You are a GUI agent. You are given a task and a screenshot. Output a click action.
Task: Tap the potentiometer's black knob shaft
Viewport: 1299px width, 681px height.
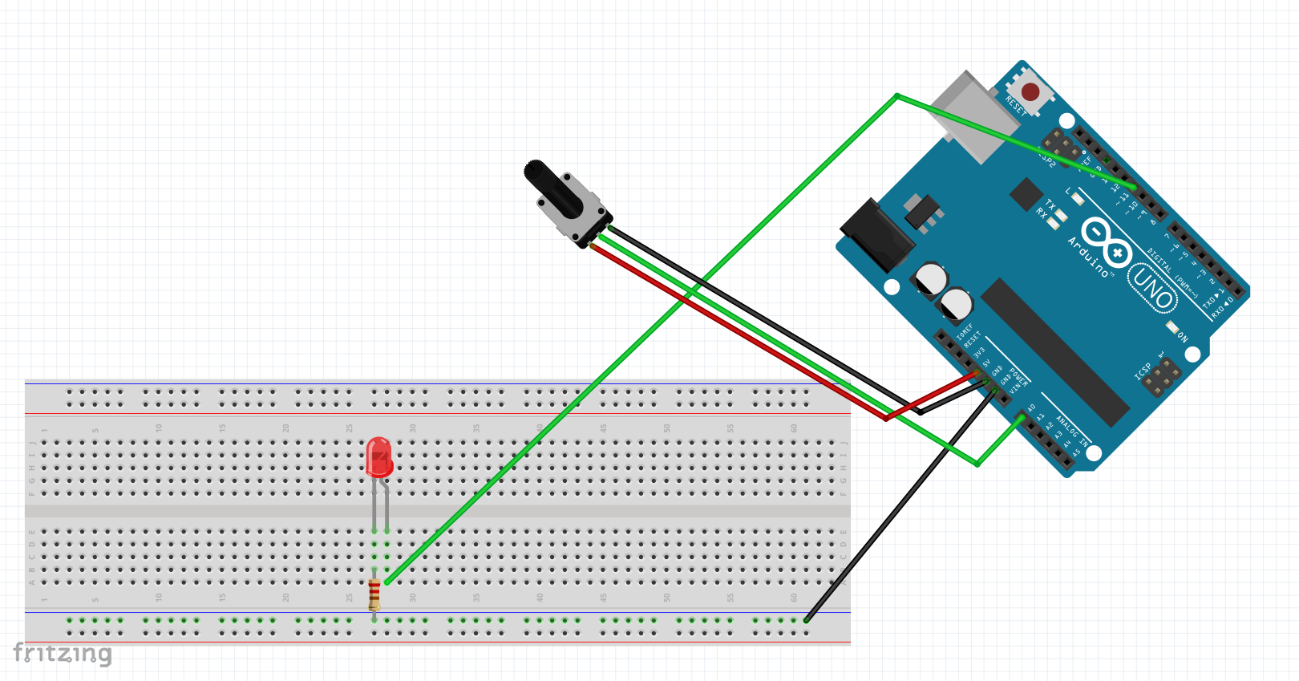[545, 184]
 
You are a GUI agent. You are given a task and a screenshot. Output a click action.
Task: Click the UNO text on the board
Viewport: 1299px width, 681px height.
[1153, 289]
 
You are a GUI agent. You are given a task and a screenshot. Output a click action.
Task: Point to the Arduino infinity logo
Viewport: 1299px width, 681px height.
[1107, 241]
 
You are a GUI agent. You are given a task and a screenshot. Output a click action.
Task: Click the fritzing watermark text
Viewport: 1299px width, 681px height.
[63, 654]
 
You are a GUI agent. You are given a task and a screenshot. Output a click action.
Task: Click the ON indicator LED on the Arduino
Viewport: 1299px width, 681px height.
[1172, 326]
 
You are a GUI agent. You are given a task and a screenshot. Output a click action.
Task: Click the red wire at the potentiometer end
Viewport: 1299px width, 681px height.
[594, 247]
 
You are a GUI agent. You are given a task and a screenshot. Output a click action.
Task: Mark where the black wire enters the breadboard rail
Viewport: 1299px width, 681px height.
[807, 619]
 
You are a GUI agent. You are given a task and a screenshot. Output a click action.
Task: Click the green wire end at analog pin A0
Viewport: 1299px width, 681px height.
[1021, 417]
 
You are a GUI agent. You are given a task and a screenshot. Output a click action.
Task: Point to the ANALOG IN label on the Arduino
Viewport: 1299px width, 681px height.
[1071, 431]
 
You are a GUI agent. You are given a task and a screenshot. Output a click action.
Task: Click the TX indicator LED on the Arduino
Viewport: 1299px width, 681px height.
[1060, 214]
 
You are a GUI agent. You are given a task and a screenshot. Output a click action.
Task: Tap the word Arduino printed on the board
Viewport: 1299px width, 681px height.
[1088, 257]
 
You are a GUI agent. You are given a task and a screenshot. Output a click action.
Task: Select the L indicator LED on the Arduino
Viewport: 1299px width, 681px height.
[1077, 198]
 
